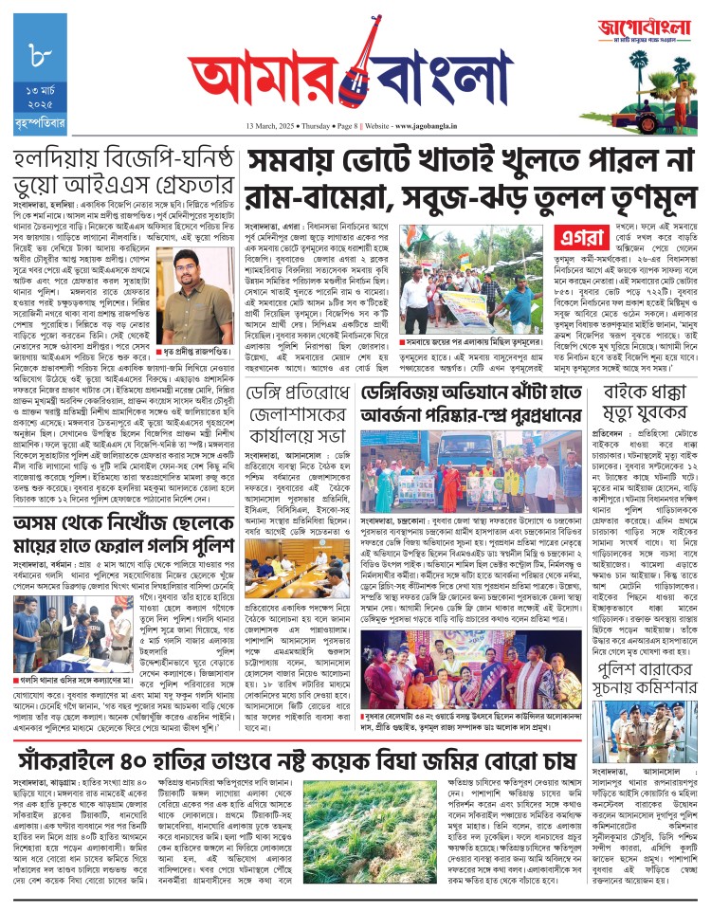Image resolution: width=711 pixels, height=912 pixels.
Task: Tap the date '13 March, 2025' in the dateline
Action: pyautogui.click(x=276, y=124)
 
